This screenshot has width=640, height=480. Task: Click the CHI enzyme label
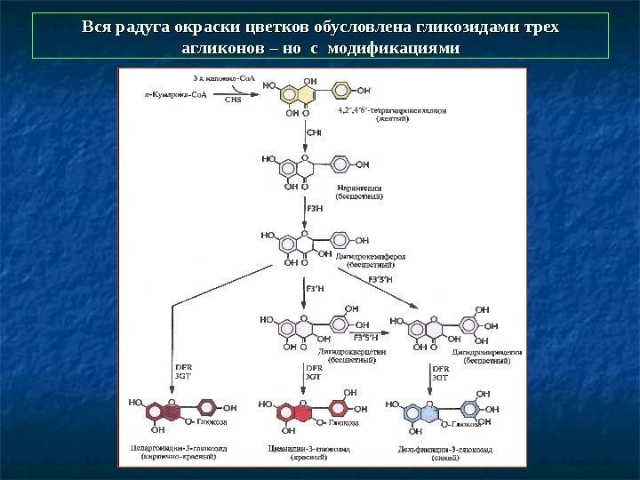click(x=314, y=133)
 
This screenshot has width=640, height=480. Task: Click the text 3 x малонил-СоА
click(x=204, y=78)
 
